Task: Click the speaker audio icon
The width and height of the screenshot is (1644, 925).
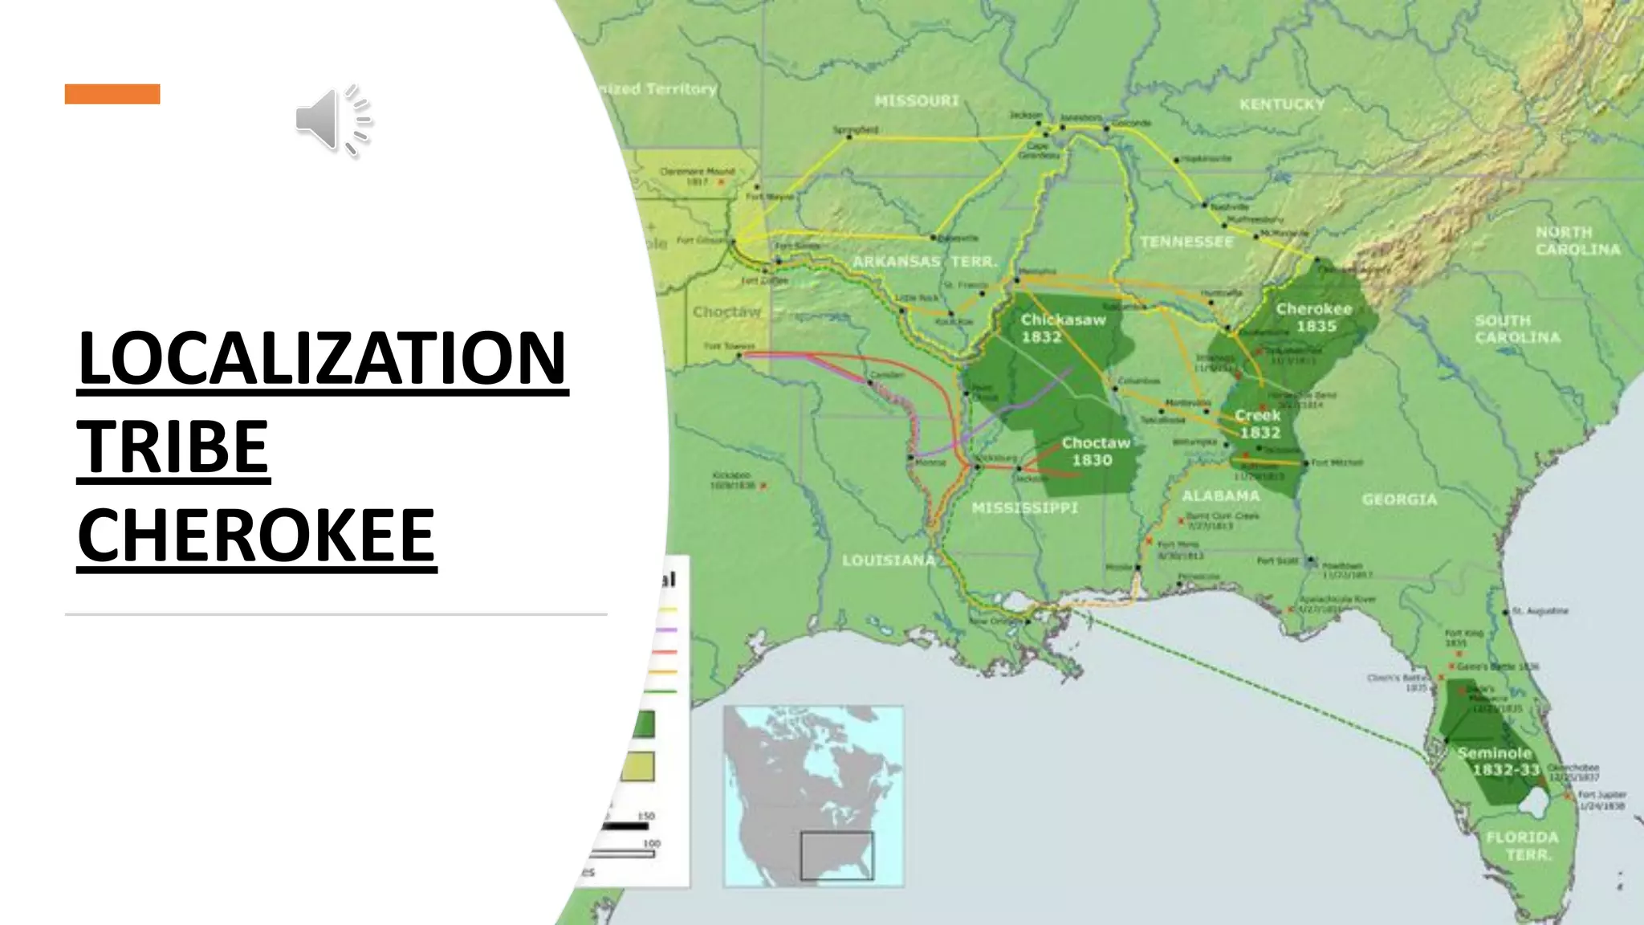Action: pos(333,120)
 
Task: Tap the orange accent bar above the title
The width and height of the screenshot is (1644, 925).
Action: pos(112,94)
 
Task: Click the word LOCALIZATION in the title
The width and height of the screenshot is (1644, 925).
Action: pos(323,358)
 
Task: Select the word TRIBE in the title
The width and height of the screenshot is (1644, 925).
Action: pos(173,446)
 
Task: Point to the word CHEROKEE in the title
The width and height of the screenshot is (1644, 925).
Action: pos(257,536)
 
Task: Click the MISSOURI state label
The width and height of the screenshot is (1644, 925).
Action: pos(917,101)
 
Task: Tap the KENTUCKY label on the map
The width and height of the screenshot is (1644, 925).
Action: pos(1282,104)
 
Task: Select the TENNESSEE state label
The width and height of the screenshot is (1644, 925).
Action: pos(1186,242)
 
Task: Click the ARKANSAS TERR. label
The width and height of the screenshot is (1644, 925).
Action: pos(925,262)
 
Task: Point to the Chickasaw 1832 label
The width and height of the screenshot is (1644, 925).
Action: pos(1063,328)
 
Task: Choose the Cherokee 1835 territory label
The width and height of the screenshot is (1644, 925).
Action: pos(1315,318)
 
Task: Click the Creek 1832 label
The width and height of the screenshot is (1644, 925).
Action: pos(1259,424)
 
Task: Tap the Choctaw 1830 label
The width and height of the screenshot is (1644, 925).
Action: pos(1095,451)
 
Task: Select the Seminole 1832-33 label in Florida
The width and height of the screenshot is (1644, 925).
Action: pos(1496,761)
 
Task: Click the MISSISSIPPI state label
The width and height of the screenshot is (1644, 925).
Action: pos(1024,507)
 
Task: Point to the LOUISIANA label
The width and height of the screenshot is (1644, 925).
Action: pos(889,560)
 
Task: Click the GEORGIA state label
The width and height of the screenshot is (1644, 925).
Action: pos(1399,499)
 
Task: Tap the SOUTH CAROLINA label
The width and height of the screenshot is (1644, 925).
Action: pos(1517,329)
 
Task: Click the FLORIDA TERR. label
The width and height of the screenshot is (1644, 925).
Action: pos(1522,846)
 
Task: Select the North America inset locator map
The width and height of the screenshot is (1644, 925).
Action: pos(813,796)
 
